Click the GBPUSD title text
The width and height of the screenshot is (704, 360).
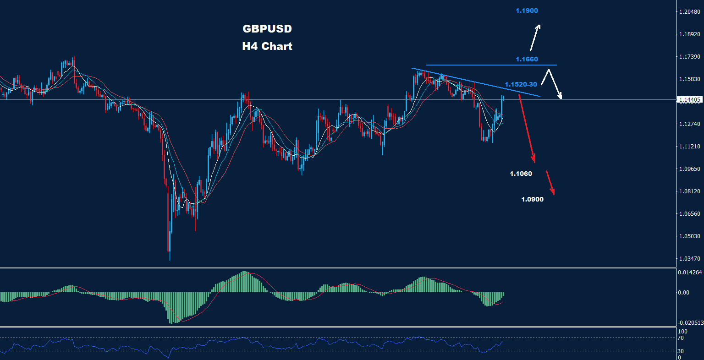267,29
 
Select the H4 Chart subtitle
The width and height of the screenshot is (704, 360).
267,46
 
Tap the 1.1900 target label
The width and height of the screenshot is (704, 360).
527,11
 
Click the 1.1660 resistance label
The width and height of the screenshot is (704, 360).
527,59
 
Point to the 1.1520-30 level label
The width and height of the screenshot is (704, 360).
521,84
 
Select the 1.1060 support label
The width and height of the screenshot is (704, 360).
521,174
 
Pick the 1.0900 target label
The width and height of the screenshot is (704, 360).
532,199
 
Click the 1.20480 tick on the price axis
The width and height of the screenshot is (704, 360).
690,12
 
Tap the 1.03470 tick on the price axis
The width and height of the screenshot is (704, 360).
690,259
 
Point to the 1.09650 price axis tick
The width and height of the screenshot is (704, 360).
690,169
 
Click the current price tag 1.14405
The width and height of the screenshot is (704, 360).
690,99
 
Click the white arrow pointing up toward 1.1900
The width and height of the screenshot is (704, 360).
535,38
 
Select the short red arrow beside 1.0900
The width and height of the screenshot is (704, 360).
550,183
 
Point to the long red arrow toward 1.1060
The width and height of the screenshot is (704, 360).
527,129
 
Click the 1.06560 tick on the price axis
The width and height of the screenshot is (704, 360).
690,214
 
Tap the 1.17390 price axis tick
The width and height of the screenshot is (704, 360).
690,57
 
